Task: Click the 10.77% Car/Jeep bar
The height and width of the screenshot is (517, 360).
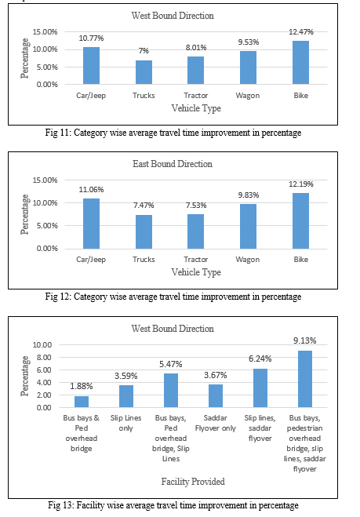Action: click(x=91, y=66)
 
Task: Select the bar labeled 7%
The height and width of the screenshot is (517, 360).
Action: click(x=144, y=72)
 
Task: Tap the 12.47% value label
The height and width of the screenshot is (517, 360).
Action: click(x=301, y=32)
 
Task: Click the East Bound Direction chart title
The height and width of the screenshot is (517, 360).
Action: click(x=173, y=164)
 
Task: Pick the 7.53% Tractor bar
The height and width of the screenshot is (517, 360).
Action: click(x=196, y=231)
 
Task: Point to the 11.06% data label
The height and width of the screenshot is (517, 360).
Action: click(x=91, y=190)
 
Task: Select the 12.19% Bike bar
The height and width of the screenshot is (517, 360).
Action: click(x=300, y=221)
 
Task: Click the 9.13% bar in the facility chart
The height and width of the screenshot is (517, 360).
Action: click(x=305, y=379)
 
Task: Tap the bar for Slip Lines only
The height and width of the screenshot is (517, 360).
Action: click(x=126, y=396)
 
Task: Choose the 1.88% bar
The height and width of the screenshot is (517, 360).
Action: click(x=82, y=402)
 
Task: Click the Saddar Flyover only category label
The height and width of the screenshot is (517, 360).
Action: click(x=215, y=423)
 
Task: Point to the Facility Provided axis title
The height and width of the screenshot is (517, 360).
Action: click(x=193, y=482)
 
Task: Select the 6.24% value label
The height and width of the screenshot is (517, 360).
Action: click(x=260, y=359)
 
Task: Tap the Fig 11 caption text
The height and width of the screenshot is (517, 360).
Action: click(x=173, y=133)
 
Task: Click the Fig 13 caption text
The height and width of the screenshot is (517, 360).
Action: click(x=173, y=505)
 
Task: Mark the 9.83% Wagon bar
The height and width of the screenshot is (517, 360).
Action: click(x=249, y=227)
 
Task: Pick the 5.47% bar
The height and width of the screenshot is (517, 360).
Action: click(x=171, y=391)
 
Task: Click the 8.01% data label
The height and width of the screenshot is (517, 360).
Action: click(x=196, y=48)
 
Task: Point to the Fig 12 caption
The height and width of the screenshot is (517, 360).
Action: click(x=173, y=297)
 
